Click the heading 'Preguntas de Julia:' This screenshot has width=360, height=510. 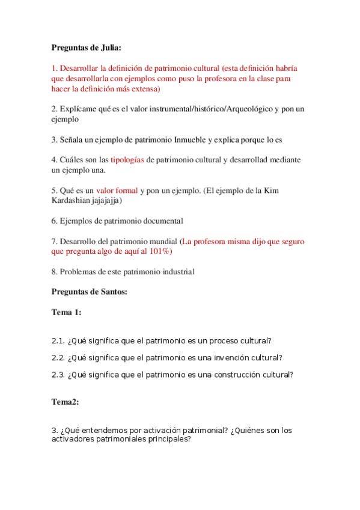click(x=87, y=48)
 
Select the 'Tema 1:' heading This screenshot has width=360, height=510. click(x=66, y=312)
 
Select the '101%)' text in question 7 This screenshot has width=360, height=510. click(x=158, y=251)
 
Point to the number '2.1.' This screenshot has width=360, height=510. click(x=58, y=340)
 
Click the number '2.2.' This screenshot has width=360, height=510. click(x=58, y=357)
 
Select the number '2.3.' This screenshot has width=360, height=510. click(x=58, y=374)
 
